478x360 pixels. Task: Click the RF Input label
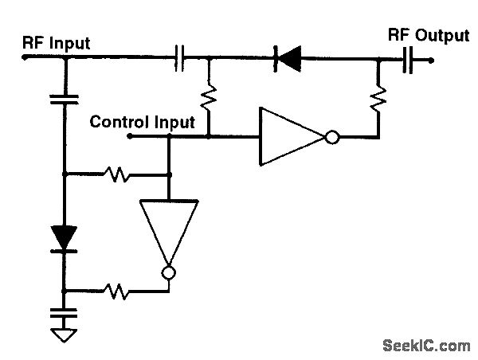point(56,43)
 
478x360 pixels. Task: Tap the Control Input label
point(142,122)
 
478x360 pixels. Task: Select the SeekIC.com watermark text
point(426,346)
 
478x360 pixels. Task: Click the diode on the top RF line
point(287,57)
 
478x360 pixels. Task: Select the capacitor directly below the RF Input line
point(64,99)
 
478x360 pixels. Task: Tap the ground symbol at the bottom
point(64,335)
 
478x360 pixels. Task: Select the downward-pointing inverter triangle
point(169,231)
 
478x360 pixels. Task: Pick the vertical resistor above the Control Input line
point(209,97)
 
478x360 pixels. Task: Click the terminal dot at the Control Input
point(130,137)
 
